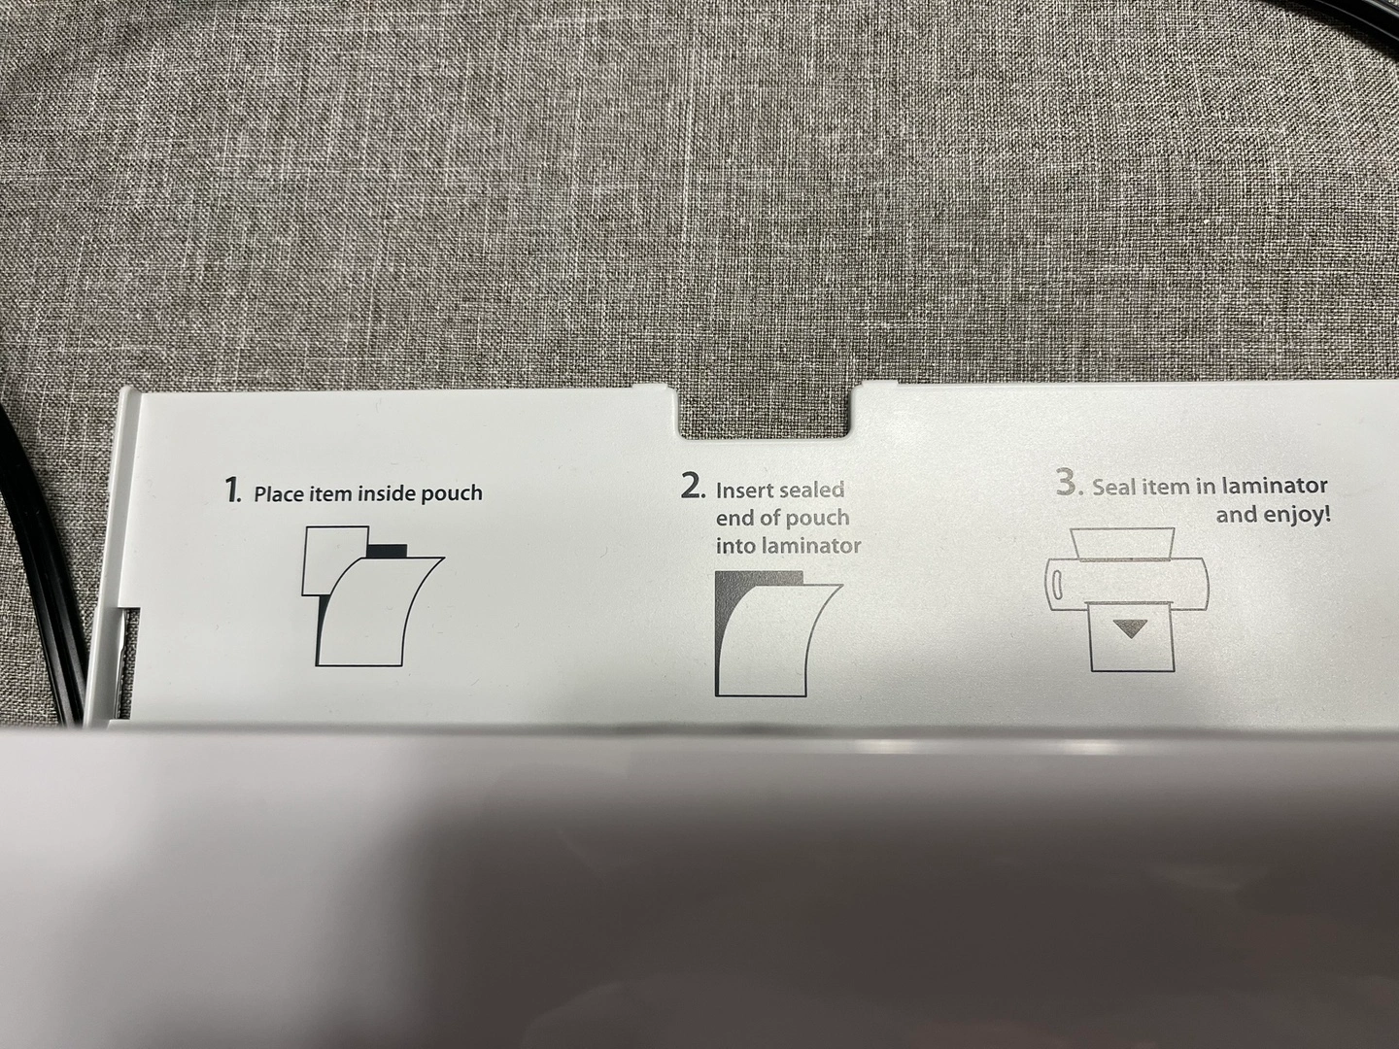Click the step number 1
pos(233,491)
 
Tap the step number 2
pos(693,487)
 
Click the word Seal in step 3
pos(1112,488)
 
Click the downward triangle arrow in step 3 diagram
pos(1130,629)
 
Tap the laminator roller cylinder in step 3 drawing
pos(1126,584)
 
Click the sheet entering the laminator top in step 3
pos(1124,542)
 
